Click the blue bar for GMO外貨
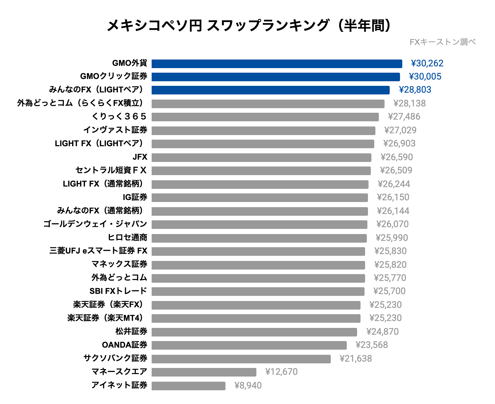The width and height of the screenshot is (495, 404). coord(277,64)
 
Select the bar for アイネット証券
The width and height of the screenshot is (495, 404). coord(188,386)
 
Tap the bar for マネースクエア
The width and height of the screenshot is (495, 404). coord(204,372)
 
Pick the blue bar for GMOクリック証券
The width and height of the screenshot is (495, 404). coord(276,77)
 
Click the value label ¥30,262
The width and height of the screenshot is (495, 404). coord(427,63)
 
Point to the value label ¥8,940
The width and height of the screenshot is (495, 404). coord(248,385)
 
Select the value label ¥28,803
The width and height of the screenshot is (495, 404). coord(415,90)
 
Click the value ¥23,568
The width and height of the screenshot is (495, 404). coord(371,345)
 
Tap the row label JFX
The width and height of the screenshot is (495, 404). coord(140,157)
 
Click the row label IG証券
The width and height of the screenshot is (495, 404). coord(135,197)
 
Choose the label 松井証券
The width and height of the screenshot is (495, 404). coord(131,331)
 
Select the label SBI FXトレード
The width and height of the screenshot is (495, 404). coord(118,291)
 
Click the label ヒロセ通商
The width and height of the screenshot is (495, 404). coord(127,237)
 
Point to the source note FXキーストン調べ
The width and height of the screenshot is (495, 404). coord(442,42)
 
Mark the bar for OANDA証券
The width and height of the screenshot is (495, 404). coord(249,345)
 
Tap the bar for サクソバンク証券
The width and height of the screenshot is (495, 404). coord(241,359)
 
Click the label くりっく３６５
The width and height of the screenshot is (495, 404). coord(119,116)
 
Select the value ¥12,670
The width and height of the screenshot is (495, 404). coord(281,372)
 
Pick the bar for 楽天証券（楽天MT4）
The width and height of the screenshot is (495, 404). coord(256,318)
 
